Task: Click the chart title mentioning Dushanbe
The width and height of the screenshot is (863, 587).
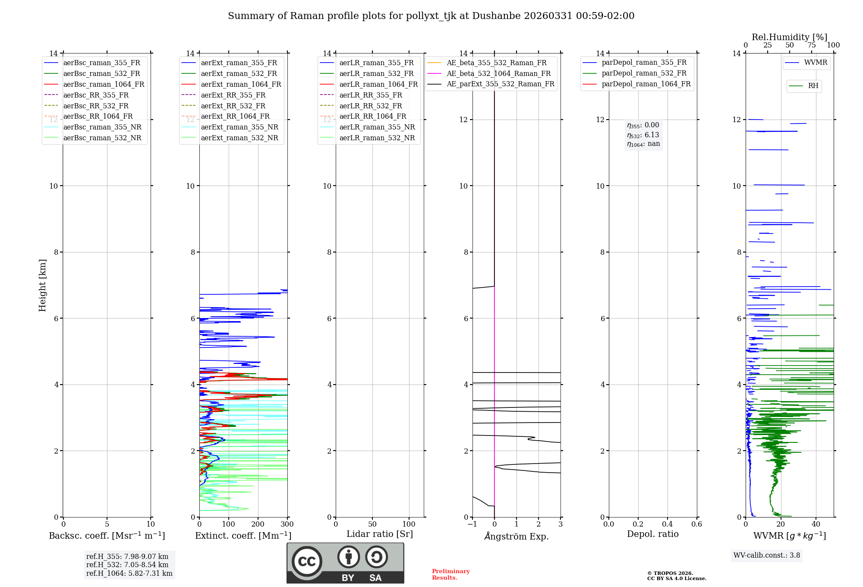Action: pos(431,16)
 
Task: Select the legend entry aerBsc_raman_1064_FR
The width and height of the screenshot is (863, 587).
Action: pos(104,84)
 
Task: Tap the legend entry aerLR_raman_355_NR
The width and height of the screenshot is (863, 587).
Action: pos(377,127)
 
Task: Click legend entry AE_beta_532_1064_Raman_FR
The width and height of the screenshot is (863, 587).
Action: pos(498,73)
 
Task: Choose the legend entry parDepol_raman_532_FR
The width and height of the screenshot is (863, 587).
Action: pos(644,73)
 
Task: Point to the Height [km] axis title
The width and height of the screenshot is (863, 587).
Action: pos(42,285)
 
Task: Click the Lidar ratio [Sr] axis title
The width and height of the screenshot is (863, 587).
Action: pos(380,534)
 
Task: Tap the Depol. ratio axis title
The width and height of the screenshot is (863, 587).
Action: pos(652,534)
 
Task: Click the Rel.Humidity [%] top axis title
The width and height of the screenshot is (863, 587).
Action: pos(789,37)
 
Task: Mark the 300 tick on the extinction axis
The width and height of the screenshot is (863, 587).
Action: pos(287,524)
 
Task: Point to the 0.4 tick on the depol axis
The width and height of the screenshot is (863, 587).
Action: pos(667,524)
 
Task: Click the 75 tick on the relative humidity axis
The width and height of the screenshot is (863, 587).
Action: pos(811,45)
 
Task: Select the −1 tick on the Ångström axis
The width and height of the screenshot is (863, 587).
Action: pos(472,524)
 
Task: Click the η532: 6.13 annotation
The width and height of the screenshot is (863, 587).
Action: pos(643,135)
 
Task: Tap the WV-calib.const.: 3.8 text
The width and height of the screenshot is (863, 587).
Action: pos(767,555)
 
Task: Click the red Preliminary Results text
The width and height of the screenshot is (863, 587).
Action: pos(450,574)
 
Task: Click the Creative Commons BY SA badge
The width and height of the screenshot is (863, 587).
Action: pos(345,563)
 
